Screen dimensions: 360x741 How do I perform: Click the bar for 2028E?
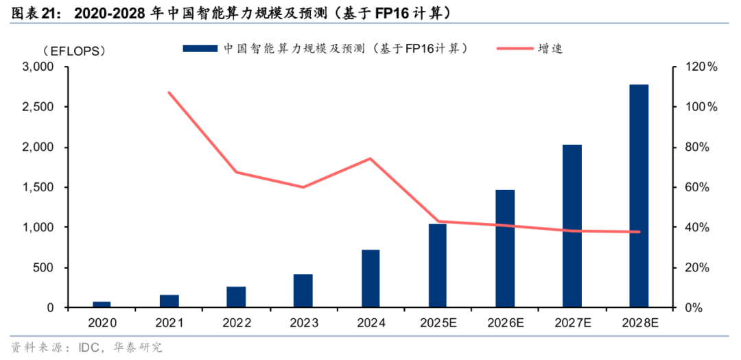pyautogui.click(x=639, y=195)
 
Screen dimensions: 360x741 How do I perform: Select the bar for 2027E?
pyautogui.click(x=572, y=226)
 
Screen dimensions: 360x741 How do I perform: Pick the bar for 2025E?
pyautogui.click(x=438, y=265)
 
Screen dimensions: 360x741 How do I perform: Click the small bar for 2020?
pyautogui.click(x=102, y=304)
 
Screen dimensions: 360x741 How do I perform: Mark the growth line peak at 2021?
pyautogui.click(x=169, y=93)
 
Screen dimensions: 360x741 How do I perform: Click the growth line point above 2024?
pyautogui.click(x=370, y=158)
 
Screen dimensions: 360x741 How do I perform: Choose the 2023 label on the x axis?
pyautogui.click(x=303, y=323)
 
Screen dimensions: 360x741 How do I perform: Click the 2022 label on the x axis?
pyautogui.click(x=236, y=323)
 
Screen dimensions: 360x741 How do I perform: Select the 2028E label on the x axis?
pyautogui.click(x=639, y=323)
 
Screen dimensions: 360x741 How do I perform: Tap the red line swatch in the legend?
pyautogui.click(x=511, y=48)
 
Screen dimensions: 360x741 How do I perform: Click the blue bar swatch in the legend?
pyautogui.click(x=200, y=48)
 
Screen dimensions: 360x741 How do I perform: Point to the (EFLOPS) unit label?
pyautogui.click(x=73, y=50)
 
